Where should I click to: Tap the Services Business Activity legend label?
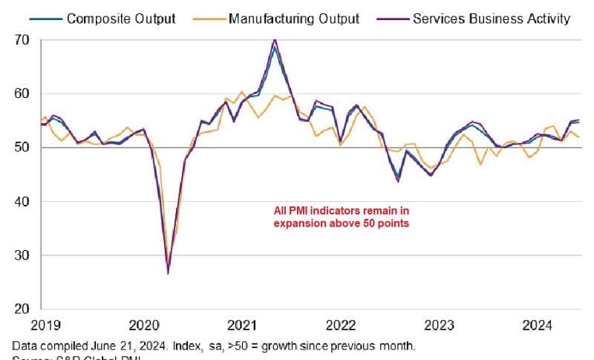click(x=491, y=18)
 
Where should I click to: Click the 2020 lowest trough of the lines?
click(x=169, y=273)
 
